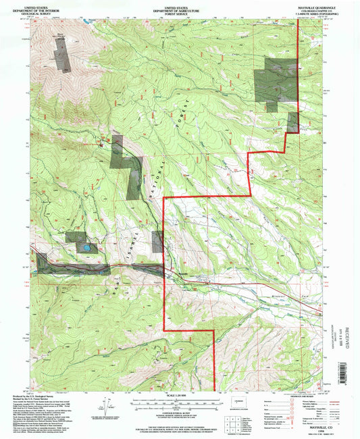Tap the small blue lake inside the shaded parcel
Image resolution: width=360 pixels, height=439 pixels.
(87, 249)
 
